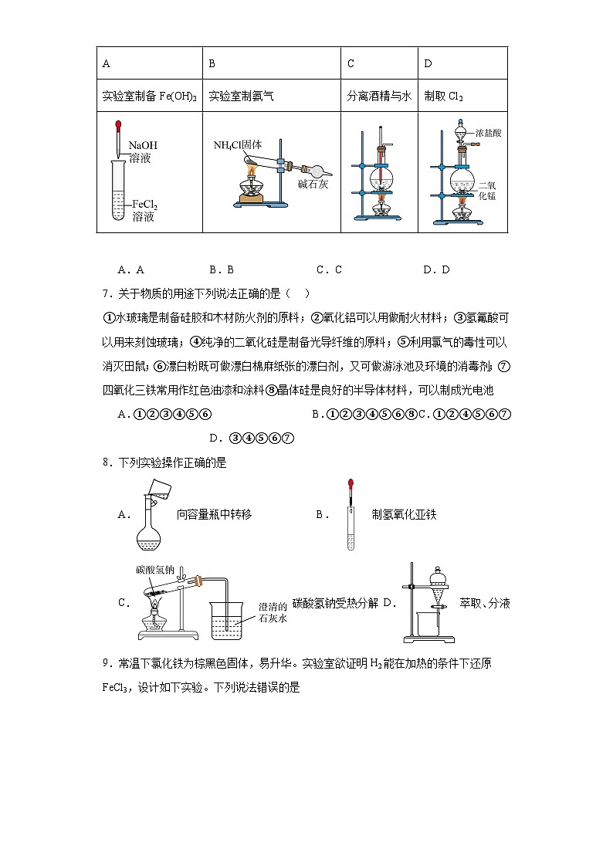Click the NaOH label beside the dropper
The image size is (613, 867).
click(143, 145)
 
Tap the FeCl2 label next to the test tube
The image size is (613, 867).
click(144, 205)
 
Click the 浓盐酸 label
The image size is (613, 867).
click(489, 133)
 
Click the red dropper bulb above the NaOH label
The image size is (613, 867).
click(117, 124)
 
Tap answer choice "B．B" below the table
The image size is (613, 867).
click(221, 270)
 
